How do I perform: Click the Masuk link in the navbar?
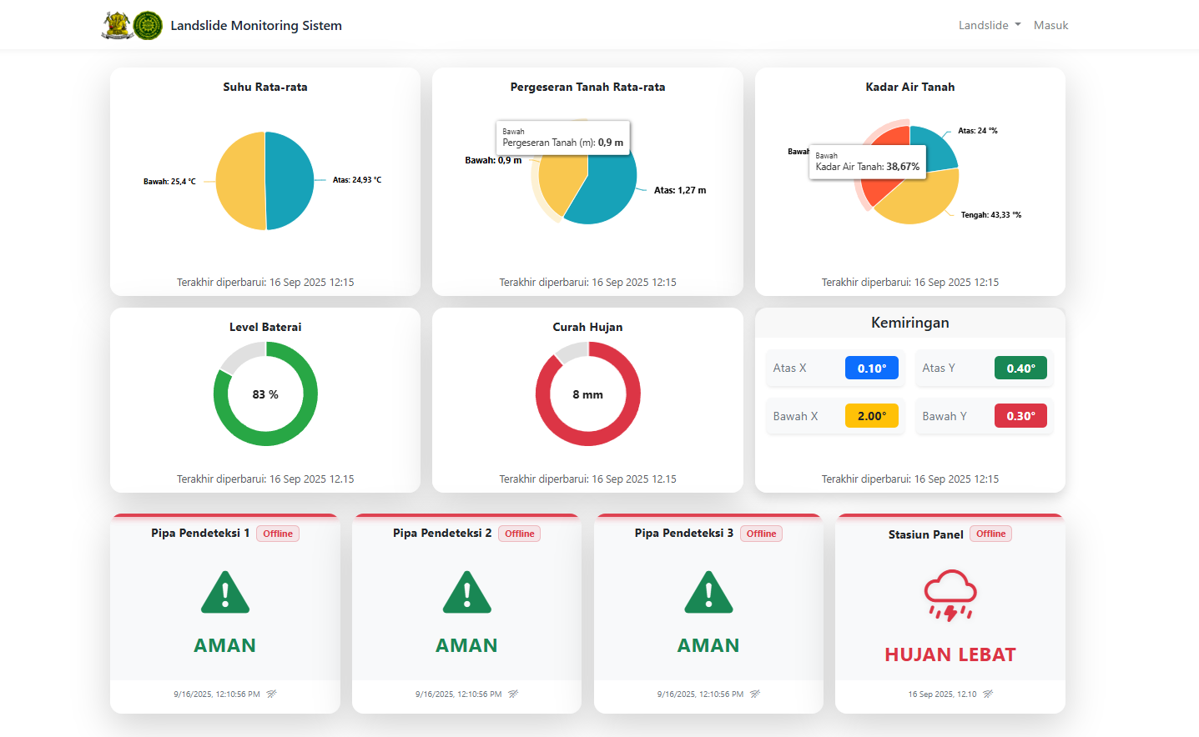1050,25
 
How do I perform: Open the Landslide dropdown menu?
989,25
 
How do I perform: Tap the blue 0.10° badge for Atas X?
871,368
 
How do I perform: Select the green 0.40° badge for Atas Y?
1020,368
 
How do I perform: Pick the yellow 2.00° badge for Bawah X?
871,416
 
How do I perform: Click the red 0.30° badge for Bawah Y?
1020,416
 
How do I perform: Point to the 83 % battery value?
265,394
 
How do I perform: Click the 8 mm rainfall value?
587,394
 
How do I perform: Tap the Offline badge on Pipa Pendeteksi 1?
278,534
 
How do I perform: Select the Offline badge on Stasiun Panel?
990,534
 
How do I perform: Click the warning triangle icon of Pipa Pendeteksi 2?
466,593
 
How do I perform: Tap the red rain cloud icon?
950,594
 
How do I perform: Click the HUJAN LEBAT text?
950,654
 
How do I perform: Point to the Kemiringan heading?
909,323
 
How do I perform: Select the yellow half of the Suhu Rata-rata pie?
240,181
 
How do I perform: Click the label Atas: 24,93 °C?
356,180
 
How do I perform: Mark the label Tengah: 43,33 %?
990,215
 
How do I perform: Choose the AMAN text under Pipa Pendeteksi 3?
708,645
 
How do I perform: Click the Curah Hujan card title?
587,327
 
